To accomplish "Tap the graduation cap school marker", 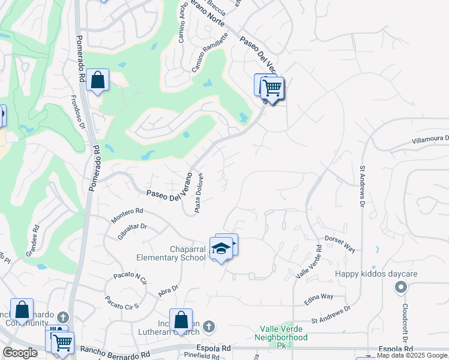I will coord(221,249).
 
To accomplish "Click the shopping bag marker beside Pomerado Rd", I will coord(97,80).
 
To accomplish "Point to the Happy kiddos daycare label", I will coord(376,274).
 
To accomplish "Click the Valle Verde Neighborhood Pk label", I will coord(284,333).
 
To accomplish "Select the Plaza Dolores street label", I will coord(198,193).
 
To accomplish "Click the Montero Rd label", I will coord(127,216).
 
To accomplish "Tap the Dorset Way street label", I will coord(340,243).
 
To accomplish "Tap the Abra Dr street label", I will coord(169,290).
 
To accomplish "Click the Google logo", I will coord(20,353).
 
